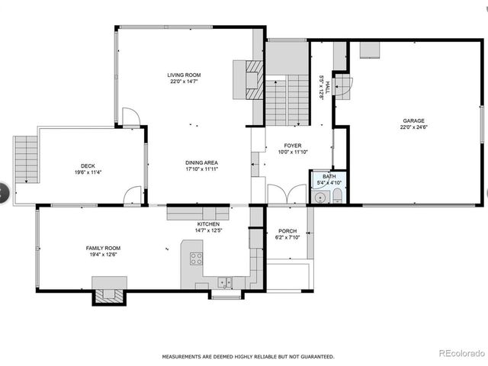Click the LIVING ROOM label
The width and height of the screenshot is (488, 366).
[185, 75]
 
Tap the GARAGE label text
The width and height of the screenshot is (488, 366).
[414, 120]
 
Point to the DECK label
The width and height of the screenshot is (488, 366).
[88, 166]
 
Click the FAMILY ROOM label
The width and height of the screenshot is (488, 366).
[103, 248]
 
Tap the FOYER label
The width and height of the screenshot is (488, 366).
[293, 145]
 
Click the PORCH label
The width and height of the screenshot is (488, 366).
[287, 231]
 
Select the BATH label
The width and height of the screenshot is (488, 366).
[329, 176]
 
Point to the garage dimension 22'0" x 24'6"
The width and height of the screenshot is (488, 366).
[414, 127]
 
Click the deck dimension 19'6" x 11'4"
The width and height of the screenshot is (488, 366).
[88, 173]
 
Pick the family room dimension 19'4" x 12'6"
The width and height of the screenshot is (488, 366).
[103, 255]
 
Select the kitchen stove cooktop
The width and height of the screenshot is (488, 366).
[196, 258]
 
